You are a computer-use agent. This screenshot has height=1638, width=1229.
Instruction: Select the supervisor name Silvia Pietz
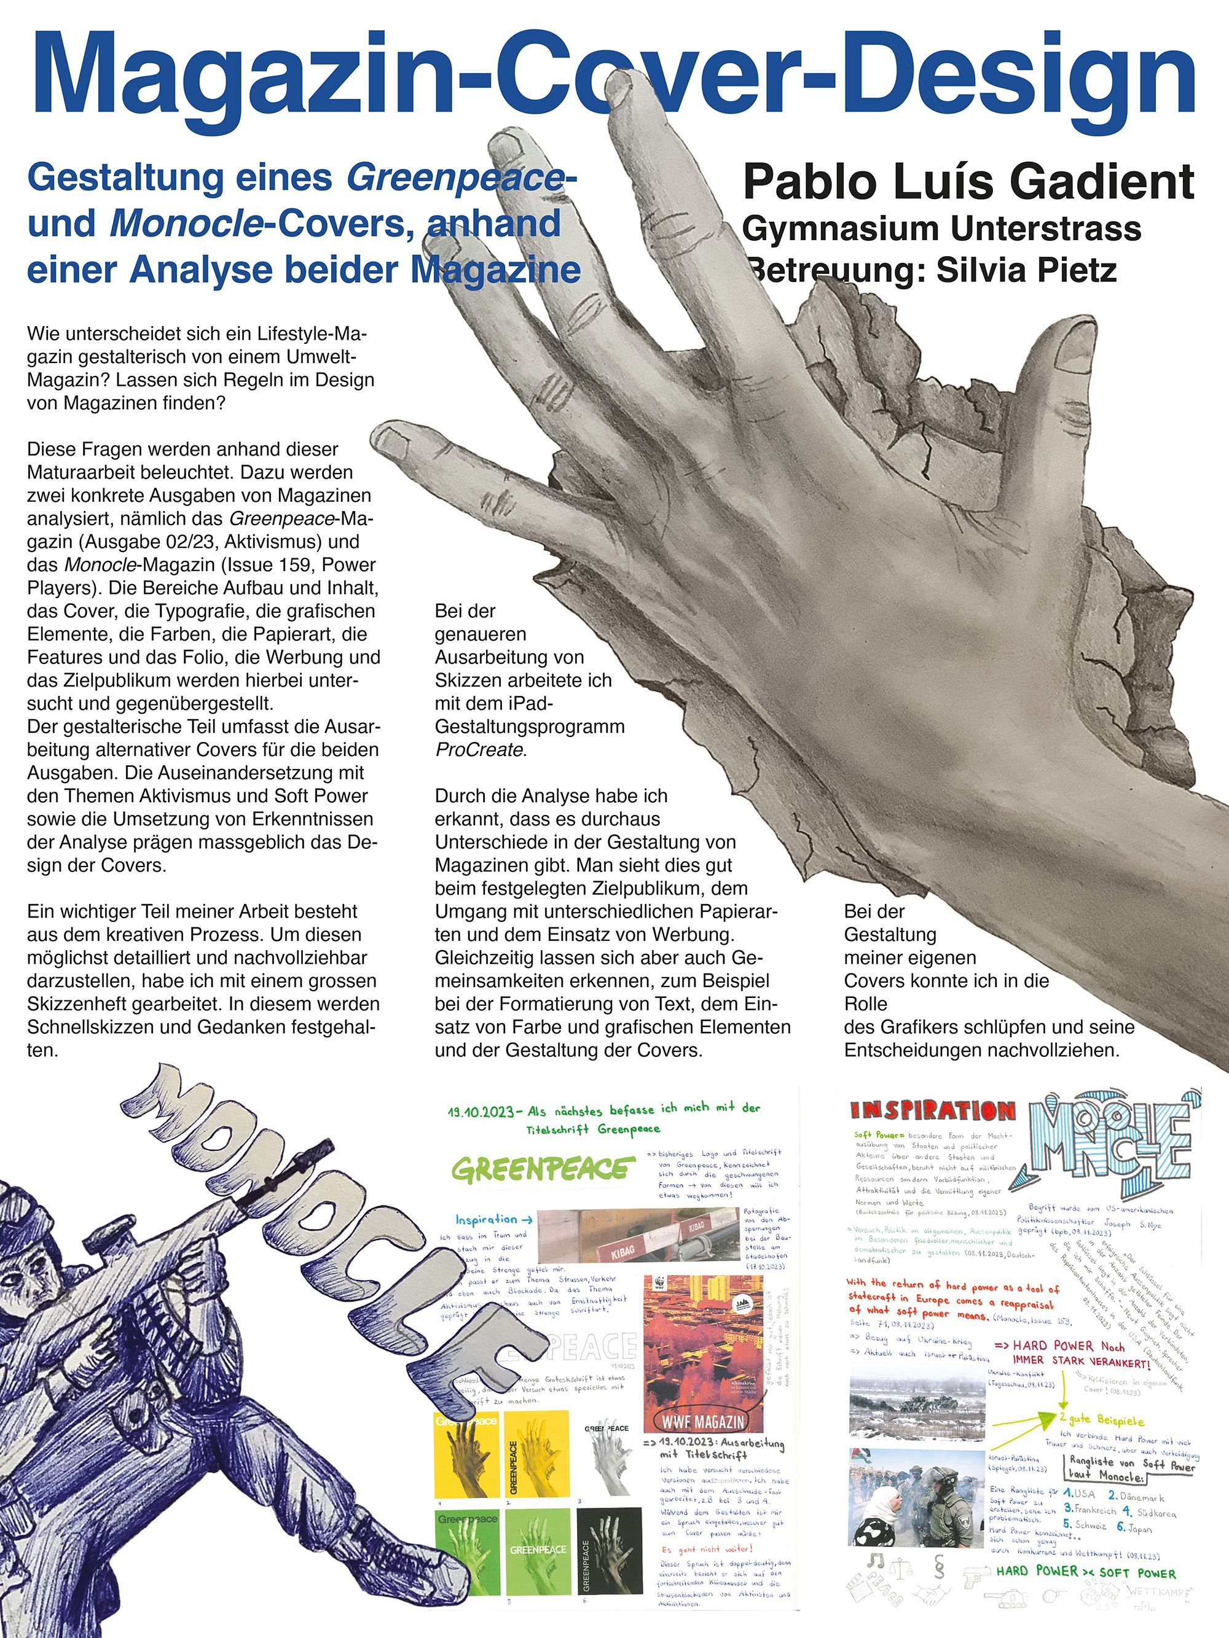click(1026, 270)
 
